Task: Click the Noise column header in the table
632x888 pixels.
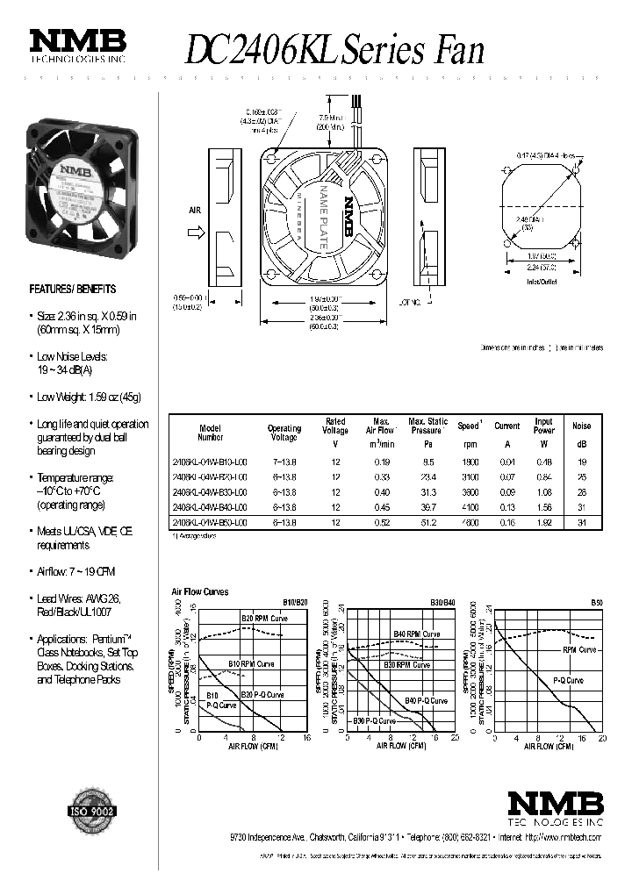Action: (581, 426)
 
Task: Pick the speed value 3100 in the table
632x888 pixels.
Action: (468, 476)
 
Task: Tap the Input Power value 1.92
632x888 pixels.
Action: (543, 522)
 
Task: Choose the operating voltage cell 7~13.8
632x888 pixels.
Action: (284, 462)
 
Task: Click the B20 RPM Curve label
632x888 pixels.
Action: (264, 619)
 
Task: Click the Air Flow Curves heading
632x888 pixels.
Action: (200, 592)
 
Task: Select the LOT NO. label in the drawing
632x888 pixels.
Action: (410, 302)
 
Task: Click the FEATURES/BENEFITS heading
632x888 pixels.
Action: (73, 289)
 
